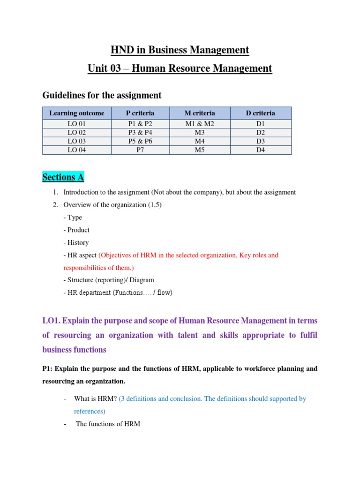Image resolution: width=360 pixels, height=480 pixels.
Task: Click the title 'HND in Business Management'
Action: point(180,50)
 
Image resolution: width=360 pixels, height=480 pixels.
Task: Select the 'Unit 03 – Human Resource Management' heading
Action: point(180,68)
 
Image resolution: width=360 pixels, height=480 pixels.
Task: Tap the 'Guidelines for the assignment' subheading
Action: point(102,95)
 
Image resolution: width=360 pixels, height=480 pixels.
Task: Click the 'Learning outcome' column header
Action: point(76,113)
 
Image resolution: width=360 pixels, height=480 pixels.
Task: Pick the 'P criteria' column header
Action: point(140,113)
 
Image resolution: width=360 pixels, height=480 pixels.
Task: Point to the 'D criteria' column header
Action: point(261,113)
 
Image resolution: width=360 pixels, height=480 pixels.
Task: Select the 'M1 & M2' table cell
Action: point(200,124)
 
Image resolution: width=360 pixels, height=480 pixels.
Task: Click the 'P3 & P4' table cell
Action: point(140,133)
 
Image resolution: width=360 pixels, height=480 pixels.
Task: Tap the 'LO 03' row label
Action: point(76,141)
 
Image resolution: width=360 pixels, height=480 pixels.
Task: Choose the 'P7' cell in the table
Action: point(140,150)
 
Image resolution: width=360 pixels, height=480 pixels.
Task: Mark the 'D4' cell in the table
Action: point(261,150)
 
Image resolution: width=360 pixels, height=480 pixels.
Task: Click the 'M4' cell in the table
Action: point(200,141)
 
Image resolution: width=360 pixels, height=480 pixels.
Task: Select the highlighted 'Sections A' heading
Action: point(63,177)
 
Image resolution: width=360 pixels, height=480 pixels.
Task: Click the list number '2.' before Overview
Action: point(55,205)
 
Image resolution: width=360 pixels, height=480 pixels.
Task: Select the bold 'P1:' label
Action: point(49,369)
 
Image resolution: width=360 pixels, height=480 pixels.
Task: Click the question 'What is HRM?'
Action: point(95,399)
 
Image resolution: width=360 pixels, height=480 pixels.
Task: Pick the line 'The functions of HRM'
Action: point(108,424)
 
